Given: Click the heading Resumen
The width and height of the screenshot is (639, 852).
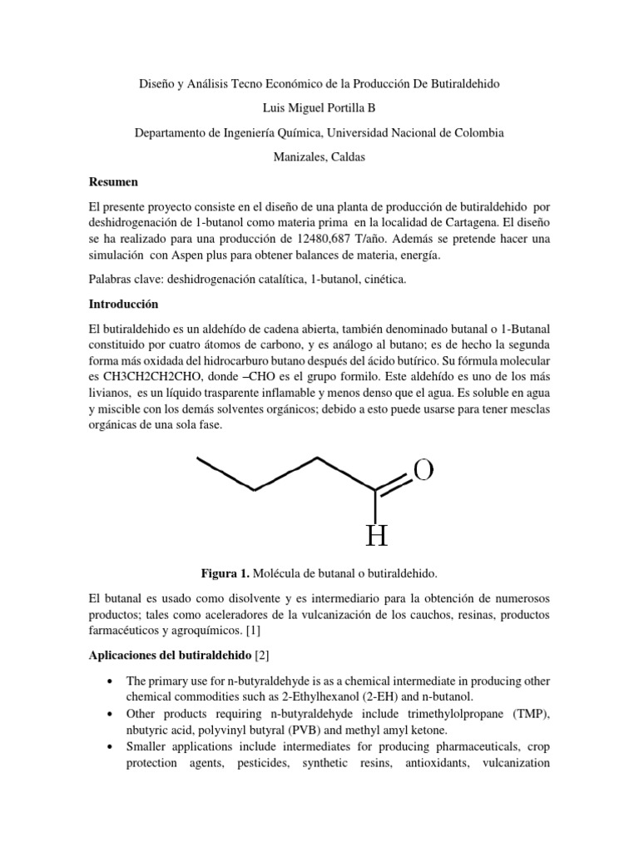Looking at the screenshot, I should [113, 181].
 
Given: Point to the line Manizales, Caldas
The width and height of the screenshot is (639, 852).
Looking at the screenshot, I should [319, 157].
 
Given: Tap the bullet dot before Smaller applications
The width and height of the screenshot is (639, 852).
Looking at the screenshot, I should [110, 748].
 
